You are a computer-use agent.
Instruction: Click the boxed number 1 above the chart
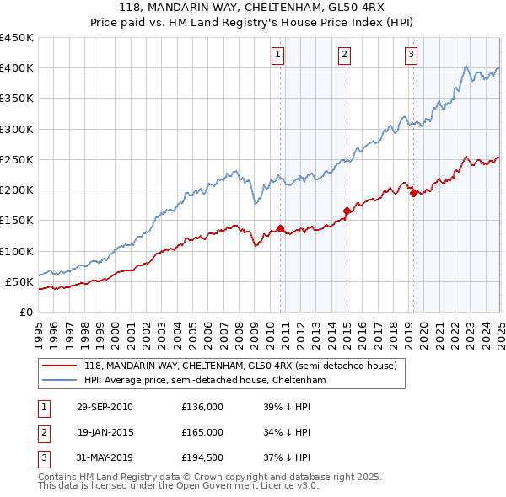click(278, 56)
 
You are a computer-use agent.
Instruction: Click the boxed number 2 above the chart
click(345, 56)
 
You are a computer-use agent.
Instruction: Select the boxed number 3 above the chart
click(411, 56)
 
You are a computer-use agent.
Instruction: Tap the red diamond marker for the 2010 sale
click(280, 228)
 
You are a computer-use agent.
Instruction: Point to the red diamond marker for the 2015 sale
click(347, 211)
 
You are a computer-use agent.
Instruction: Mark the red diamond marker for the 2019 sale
click(413, 193)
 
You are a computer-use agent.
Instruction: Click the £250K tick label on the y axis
click(16, 159)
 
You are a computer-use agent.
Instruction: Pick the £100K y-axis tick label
click(16, 251)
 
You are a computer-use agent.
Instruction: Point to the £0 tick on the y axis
click(26, 312)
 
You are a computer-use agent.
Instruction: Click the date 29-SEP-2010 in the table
click(105, 407)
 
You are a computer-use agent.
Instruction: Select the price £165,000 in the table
click(202, 432)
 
